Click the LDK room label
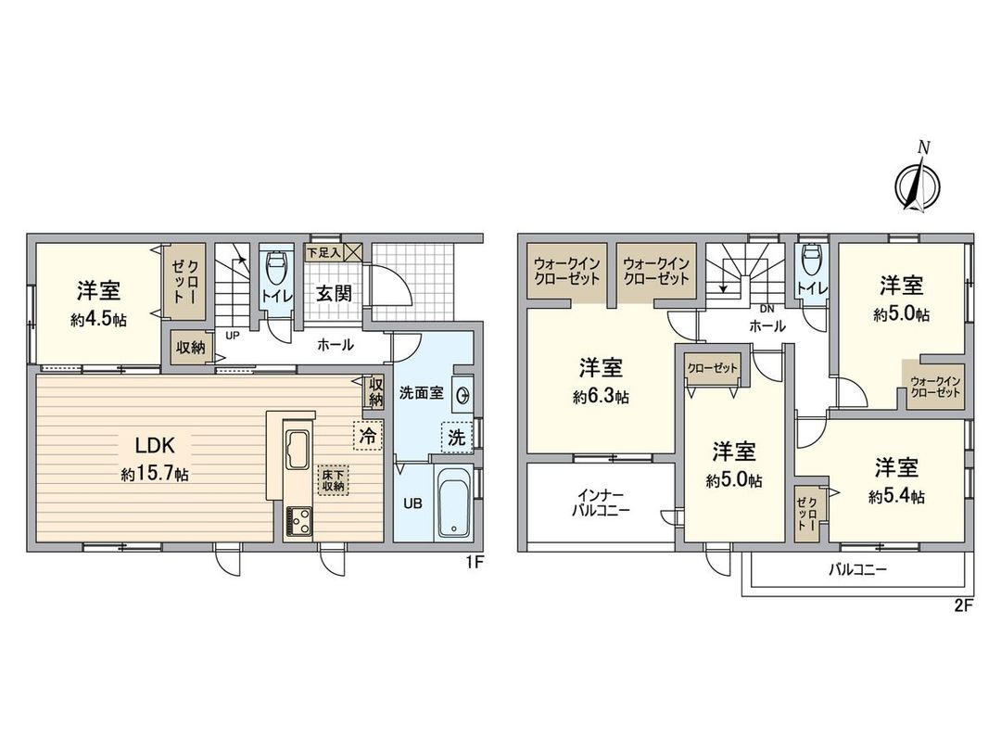[154, 443]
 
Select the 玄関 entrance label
[334, 293]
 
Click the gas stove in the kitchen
[298, 521]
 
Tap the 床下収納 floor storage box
[334, 479]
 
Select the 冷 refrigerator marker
[366, 433]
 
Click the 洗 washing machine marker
[456, 439]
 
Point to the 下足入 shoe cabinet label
[324, 251]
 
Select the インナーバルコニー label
[600, 503]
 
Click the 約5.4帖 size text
[896, 497]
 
